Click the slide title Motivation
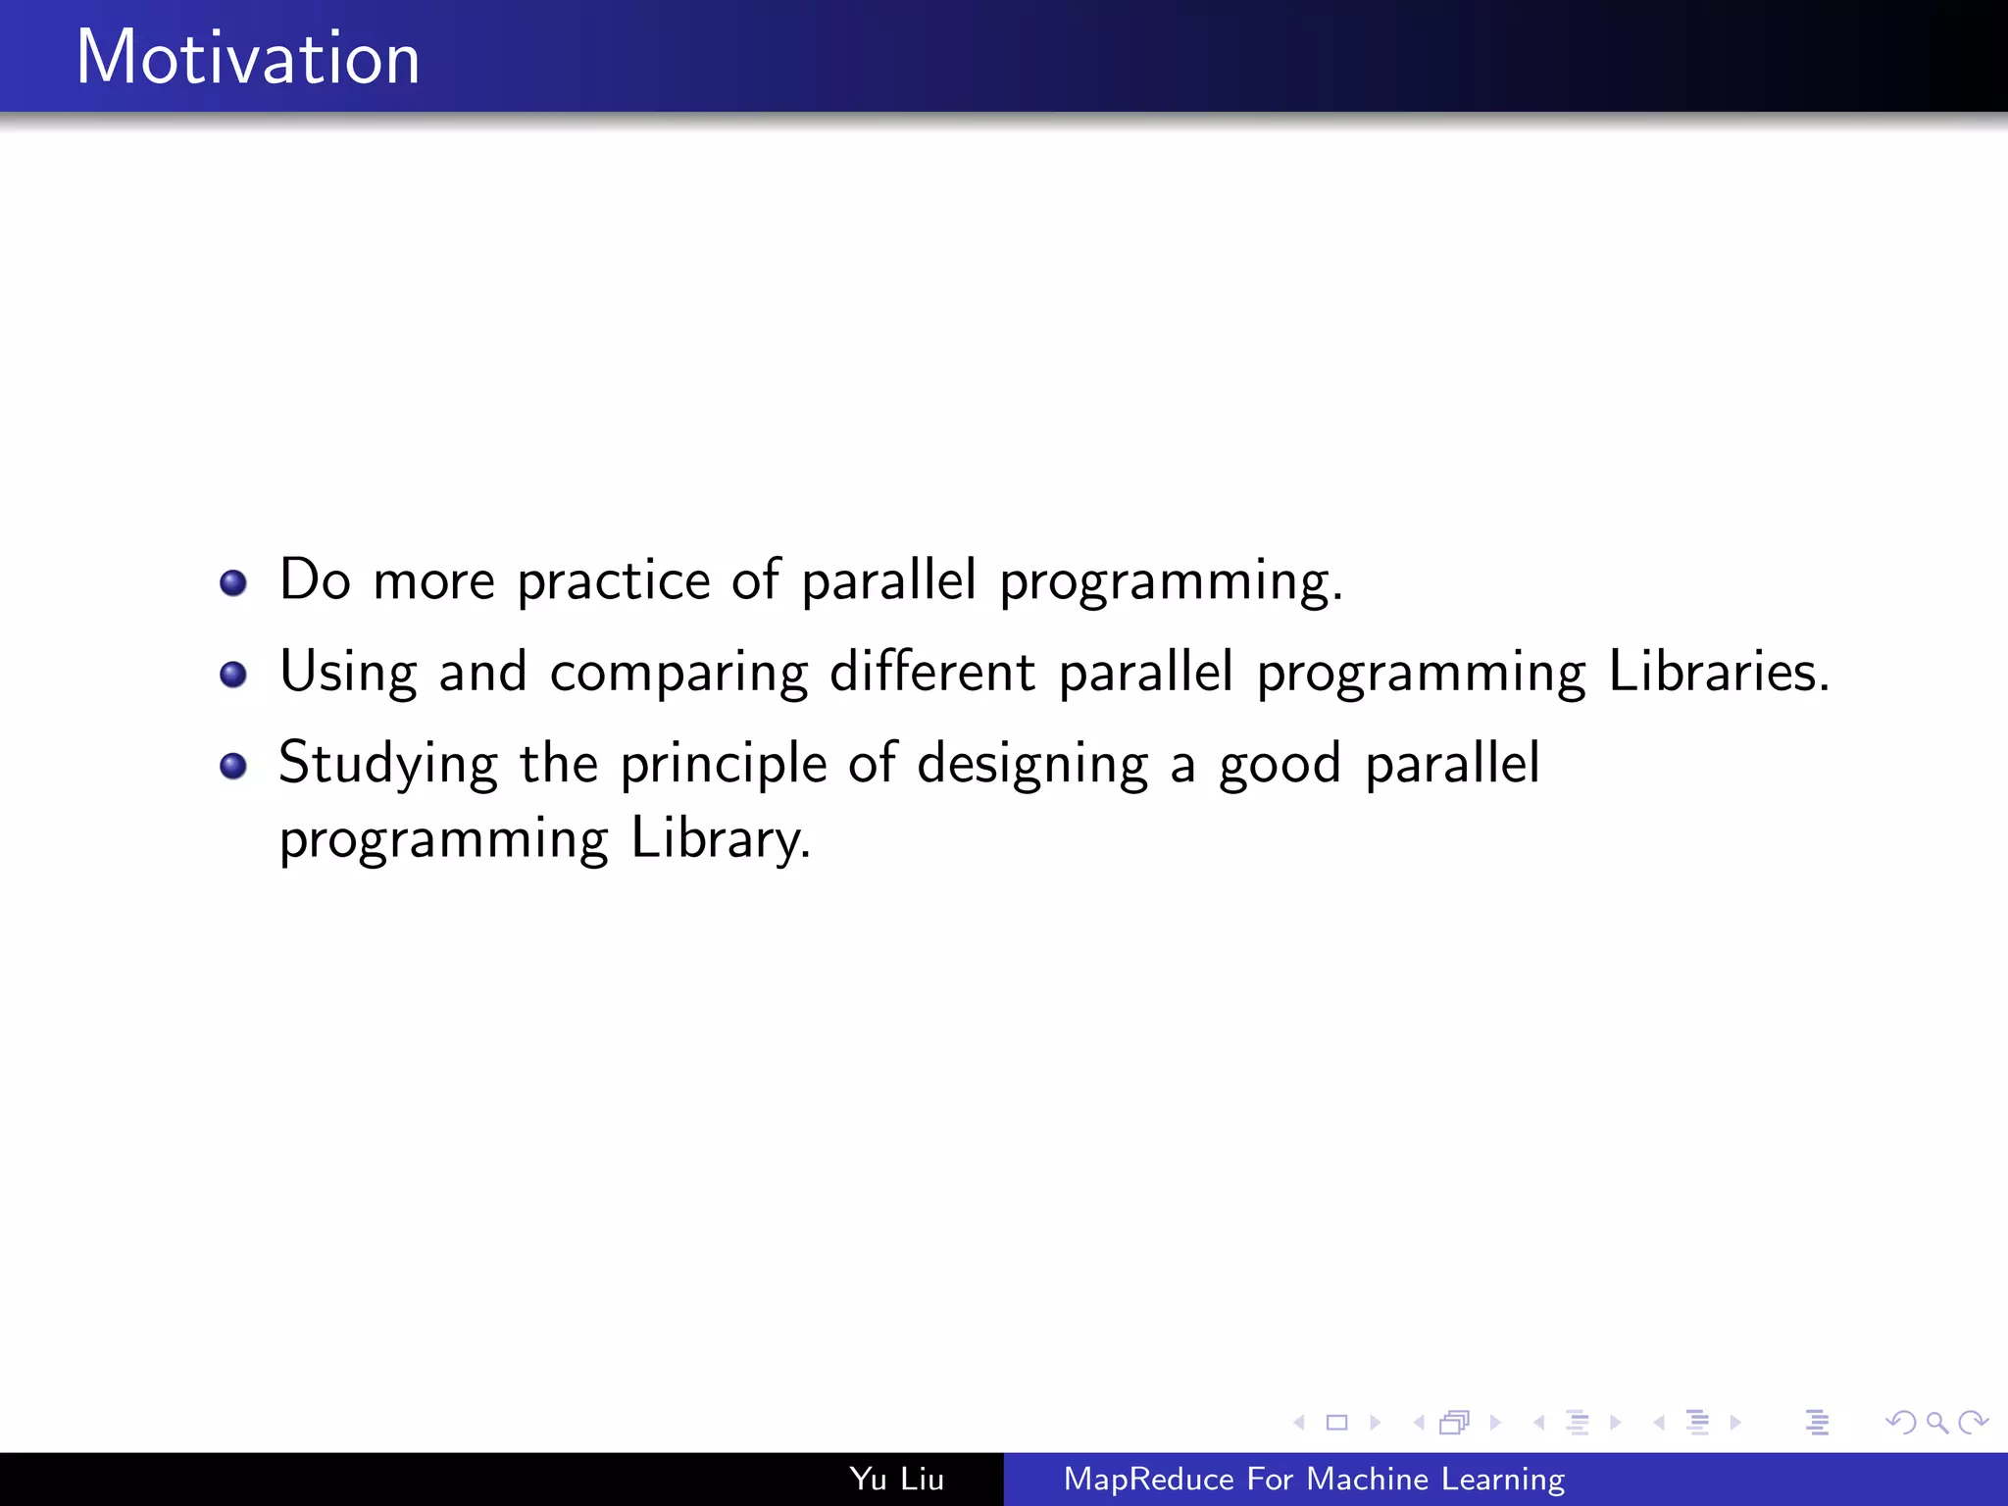248,58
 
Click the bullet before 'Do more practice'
233,583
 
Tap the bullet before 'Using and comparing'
233,675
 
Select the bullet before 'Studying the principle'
233,766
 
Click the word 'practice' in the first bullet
613,581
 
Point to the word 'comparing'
678,675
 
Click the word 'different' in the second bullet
931,673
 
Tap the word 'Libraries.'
1719,673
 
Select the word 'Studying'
388,765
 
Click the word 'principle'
724,765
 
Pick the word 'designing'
1031,765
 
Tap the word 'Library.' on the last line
721,839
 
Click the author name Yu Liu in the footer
896,1479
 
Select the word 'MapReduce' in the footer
1148,1479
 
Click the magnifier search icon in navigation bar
1936,1422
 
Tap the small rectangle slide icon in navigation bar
1336,1422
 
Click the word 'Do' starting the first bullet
314,579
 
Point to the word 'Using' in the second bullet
348,675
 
